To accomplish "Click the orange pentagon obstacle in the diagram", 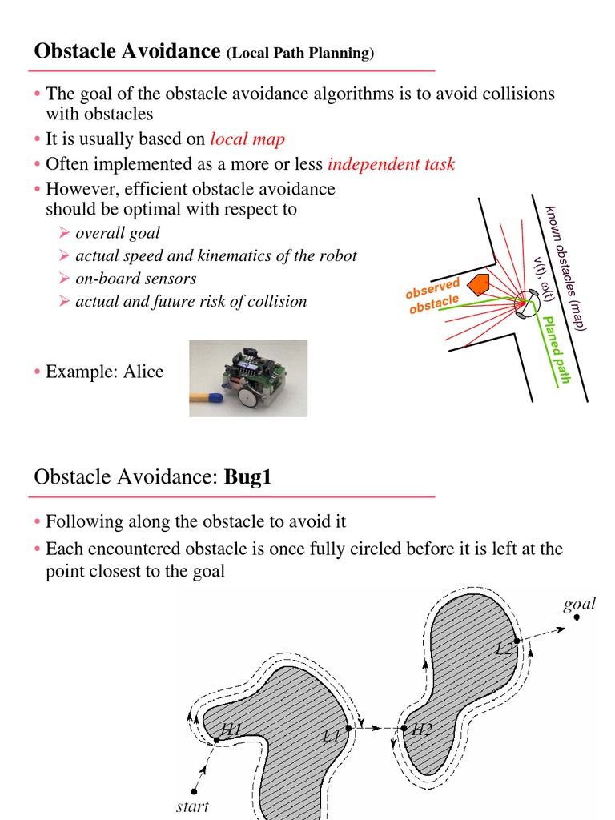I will pos(479,286).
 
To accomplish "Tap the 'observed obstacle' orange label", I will pos(433,297).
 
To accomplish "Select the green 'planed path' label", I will pos(556,349).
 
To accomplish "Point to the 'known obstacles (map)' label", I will pos(567,267).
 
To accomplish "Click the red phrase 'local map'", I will pos(247,139).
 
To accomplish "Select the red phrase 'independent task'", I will pos(391,165).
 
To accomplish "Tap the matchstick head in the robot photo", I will pos(217,396).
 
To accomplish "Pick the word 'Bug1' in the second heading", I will pos(248,478).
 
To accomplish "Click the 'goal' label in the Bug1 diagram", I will pos(578,604).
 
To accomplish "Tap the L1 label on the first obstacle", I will pos(333,734).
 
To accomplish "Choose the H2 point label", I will pos(422,730).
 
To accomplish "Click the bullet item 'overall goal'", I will pos(118,233).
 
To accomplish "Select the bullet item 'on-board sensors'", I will pos(135,279).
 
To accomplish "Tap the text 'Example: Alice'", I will pos(104,372).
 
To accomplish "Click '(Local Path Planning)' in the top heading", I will pos(300,54).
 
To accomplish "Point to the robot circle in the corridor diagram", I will pos(529,303).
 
